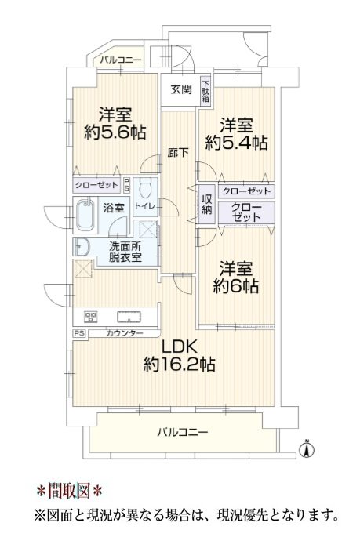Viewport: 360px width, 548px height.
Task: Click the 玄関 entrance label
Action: click(x=181, y=89)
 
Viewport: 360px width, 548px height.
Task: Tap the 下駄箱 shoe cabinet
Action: click(x=205, y=90)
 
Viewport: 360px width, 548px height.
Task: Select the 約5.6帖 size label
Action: click(x=115, y=132)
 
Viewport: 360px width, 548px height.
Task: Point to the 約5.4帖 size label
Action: click(x=237, y=143)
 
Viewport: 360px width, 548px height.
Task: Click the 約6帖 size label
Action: click(x=236, y=286)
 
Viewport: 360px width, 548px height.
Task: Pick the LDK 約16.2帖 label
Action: click(x=179, y=356)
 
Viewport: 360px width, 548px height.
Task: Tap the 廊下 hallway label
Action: click(x=178, y=153)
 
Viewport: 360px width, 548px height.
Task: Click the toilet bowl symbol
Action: click(x=144, y=188)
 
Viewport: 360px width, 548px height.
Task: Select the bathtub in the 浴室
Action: click(x=85, y=215)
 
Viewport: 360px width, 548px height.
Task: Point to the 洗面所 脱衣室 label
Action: click(x=125, y=252)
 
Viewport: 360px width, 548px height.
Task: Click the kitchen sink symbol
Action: click(x=129, y=317)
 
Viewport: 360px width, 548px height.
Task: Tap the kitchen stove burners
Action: click(x=90, y=317)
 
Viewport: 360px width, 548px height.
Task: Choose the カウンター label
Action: click(x=125, y=333)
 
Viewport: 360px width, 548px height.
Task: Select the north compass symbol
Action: click(x=307, y=448)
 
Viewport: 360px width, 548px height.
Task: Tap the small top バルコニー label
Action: click(x=121, y=60)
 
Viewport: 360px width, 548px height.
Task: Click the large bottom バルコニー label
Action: click(x=183, y=433)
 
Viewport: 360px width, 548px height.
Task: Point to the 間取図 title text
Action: click(x=70, y=490)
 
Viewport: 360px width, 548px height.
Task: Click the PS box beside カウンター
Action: click(x=79, y=333)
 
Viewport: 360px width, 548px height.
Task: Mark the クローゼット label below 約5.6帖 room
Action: click(x=96, y=185)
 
